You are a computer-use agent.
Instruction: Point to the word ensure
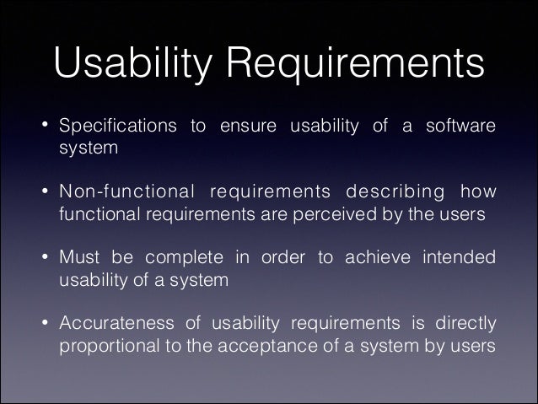pos(249,127)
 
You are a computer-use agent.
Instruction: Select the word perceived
pos(334,214)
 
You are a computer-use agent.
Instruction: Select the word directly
pos(465,325)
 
